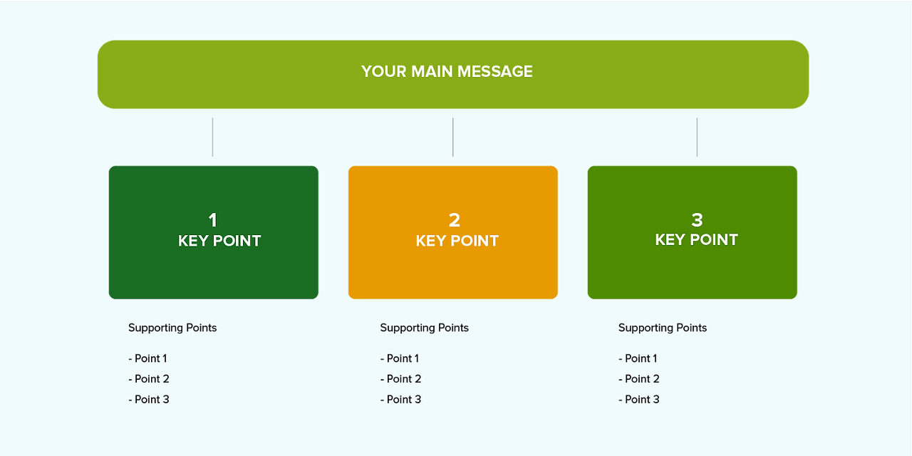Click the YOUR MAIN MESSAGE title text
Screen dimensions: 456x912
447,71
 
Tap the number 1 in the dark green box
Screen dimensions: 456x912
212,220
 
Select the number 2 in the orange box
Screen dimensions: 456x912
454,220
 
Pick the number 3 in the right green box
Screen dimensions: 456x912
697,219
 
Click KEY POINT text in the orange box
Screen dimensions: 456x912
457,241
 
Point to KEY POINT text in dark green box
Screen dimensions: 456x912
219,241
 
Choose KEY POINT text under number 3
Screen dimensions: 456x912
696,239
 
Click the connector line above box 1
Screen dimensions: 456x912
212,137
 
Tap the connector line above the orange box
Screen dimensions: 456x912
453,137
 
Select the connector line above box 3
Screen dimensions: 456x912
697,137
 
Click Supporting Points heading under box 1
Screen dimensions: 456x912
172,328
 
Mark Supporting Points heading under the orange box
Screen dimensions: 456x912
424,328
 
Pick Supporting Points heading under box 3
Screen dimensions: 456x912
662,328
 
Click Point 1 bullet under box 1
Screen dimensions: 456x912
147,358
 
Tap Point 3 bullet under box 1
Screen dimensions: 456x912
149,399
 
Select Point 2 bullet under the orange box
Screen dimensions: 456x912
400,379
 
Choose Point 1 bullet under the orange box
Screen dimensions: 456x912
400,358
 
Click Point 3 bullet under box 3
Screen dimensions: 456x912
639,399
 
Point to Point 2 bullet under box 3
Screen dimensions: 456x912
639,379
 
